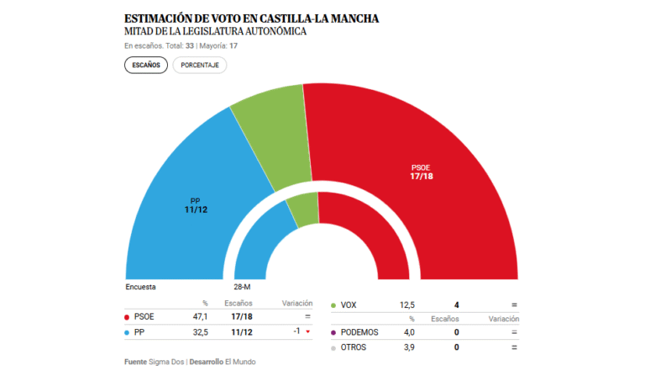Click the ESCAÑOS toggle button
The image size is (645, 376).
(x=146, y=66)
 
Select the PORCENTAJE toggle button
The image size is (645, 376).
(x=200, y=66)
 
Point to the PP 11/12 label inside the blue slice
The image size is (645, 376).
(x=195, y=204)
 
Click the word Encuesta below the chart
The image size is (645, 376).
(x=140, y=287)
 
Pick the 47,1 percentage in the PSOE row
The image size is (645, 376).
(x=199, y=317)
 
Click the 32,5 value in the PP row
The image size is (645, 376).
(x=199, y=332)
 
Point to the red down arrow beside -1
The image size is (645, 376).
(x=308, y=332)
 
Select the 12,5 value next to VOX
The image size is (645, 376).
(x=406, y=305)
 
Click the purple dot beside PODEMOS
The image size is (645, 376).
(x=334, y=332)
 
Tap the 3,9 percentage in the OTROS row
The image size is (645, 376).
(x=407, y=347)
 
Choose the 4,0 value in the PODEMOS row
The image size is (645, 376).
(x=407, y=332)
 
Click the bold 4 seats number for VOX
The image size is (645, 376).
(x=457, y=305)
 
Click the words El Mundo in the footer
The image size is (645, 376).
(x=240, y=362)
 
